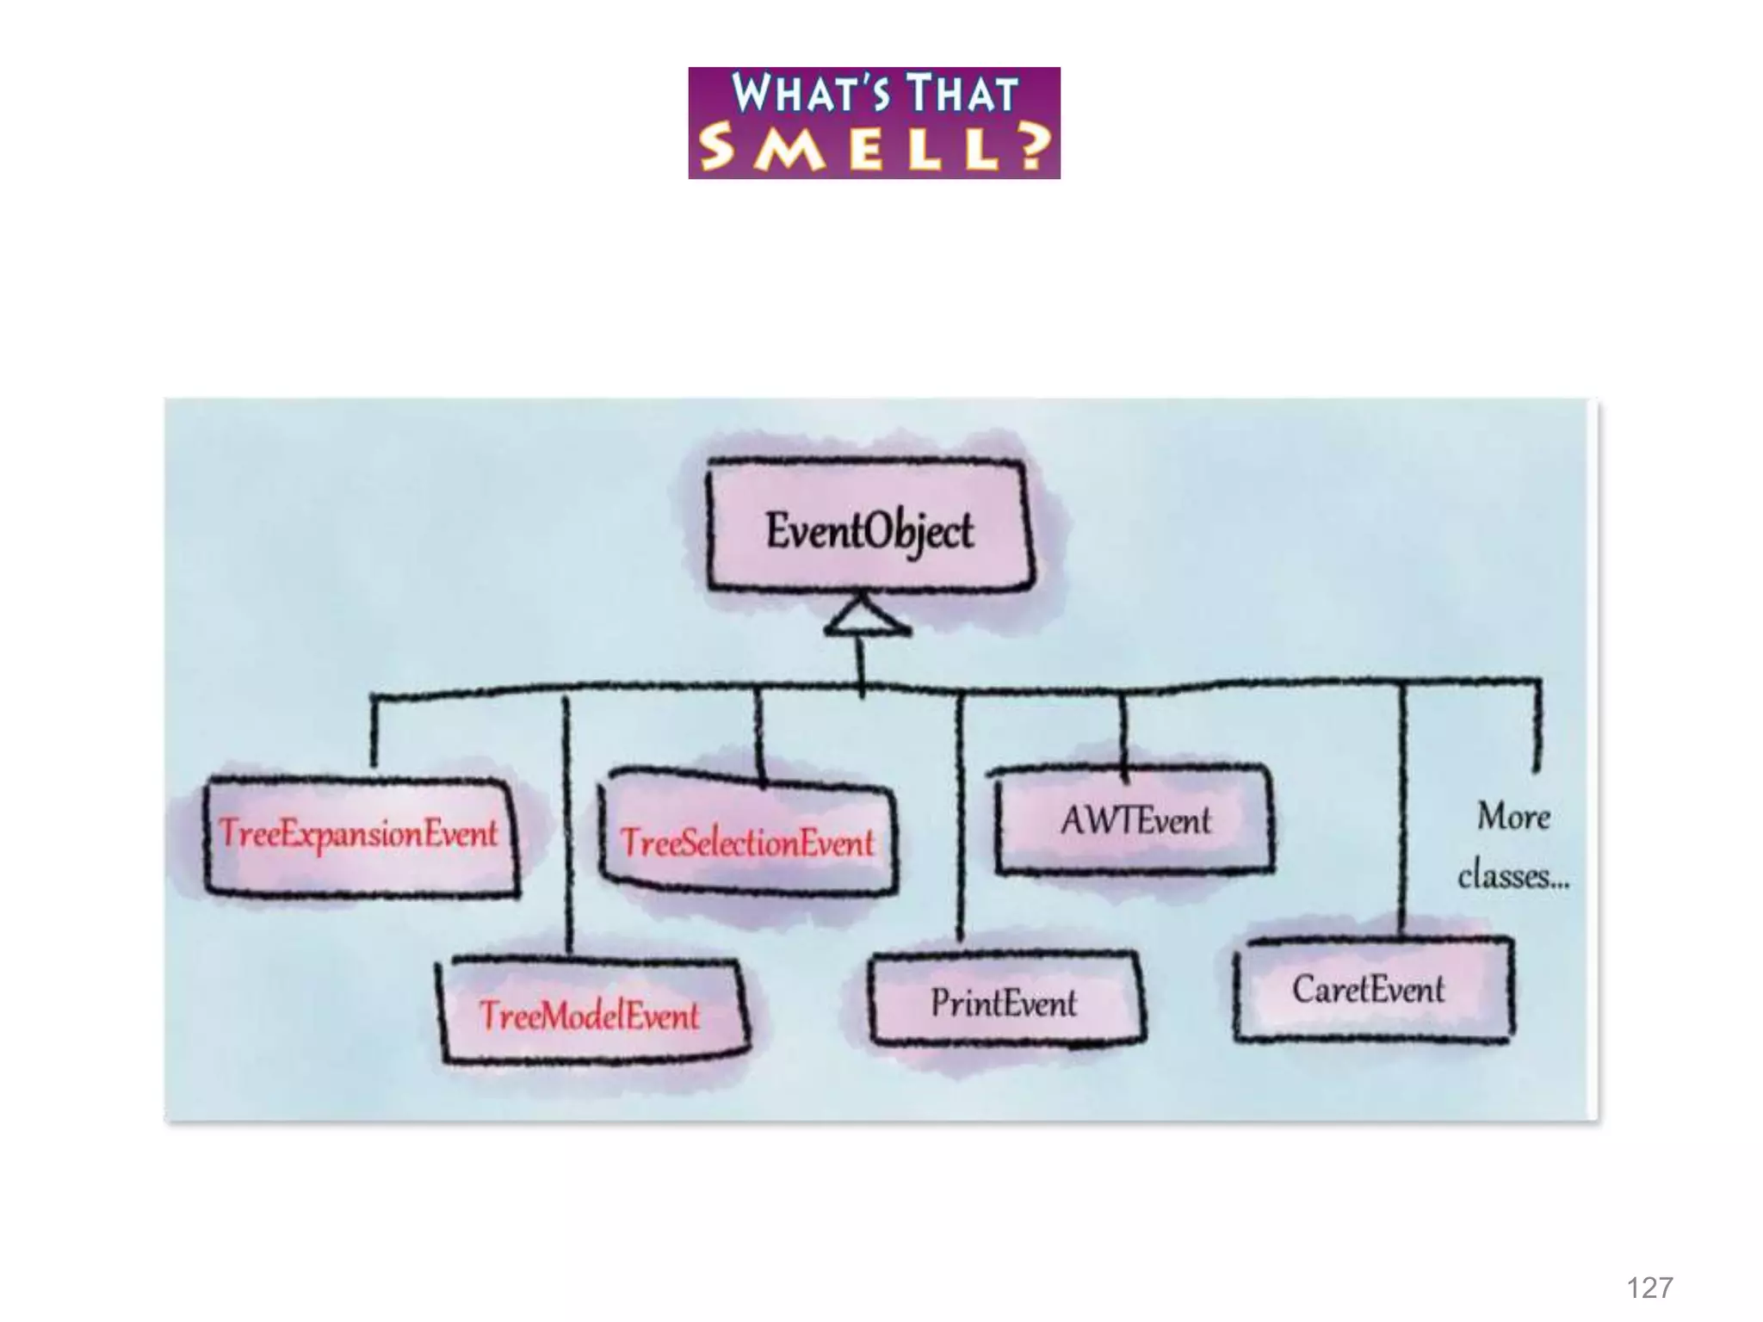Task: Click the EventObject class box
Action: (869, 528)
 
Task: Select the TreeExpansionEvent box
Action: (360, 835)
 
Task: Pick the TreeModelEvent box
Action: (591, 1014)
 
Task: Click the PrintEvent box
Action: (1005, 1002)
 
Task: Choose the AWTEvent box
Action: (1135, 819)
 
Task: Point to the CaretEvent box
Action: (1370, 990)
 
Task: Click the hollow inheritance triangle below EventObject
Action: (865, 616)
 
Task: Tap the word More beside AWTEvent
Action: (1513, 816)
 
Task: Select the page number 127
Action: (1649, 1288)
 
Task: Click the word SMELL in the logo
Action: (847, 148)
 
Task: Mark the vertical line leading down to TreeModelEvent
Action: (567, 826)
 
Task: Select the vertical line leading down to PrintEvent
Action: (961, 818)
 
